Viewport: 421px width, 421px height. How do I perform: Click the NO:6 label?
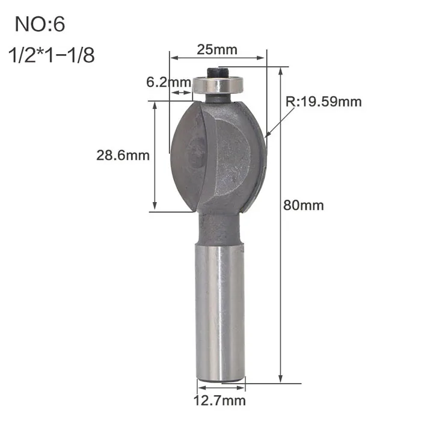[40, 24]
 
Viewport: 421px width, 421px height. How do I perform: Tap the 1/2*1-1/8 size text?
[52, 55]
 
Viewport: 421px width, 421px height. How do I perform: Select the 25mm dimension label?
[217, 50]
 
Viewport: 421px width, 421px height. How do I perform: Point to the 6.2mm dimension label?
[168, 82]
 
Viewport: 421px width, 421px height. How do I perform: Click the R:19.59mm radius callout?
[324, 102]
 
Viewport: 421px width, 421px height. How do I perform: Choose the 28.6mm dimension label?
[123, 155]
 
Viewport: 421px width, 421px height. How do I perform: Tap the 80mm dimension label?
[303, 206]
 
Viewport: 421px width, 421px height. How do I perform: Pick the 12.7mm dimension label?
[220, 401]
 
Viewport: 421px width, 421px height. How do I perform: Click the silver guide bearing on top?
[218, 85]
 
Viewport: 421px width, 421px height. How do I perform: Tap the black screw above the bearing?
[218, 72]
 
